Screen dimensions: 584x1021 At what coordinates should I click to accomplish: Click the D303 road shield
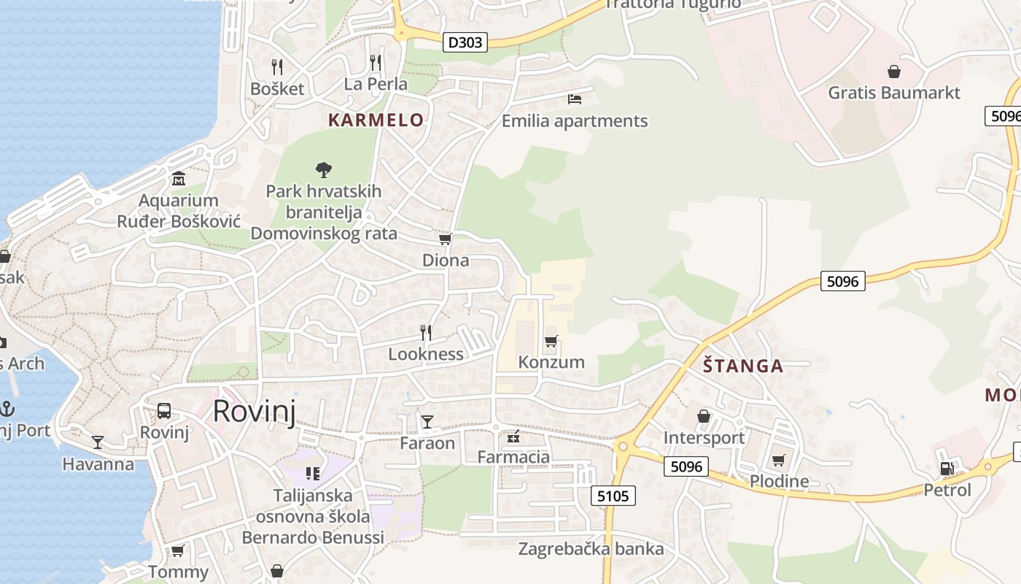tap(465, 42)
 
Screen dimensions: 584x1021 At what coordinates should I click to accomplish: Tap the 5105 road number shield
tap(613, 496)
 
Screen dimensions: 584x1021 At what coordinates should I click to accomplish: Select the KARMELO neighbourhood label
tap(376, 120)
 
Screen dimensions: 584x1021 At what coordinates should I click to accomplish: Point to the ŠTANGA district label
tap(743, 366)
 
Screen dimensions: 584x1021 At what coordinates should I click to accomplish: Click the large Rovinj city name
tap(255, 412)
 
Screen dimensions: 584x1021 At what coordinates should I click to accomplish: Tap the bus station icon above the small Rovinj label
tap(164, 411)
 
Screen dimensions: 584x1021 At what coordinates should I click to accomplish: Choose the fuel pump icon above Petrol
tap(947, 469)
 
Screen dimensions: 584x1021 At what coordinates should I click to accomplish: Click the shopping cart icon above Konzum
tap(551, 341)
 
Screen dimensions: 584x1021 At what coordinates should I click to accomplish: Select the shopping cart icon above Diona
tap(445, 239)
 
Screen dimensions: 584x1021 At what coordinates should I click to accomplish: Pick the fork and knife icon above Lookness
tap(426, 333)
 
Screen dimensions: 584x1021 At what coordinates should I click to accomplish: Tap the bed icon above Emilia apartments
tap(575, 99)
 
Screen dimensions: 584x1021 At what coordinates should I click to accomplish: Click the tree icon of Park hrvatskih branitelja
tap(324, 170)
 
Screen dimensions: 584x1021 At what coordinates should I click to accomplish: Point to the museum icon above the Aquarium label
tap(179, 179)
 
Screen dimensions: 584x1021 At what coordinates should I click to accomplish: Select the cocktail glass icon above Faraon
tap(427, 421)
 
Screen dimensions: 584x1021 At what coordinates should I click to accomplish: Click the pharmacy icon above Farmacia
tap(513, 437)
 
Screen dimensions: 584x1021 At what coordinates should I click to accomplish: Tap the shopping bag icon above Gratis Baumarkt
tap(894, 72)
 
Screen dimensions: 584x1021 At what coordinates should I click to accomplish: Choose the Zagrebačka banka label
tap(591, 549)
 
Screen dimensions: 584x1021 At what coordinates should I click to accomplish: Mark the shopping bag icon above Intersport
tap(704, 416)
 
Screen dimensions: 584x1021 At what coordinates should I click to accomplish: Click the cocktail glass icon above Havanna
tap(98, 442)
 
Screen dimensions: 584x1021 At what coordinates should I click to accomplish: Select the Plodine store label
tap(779, 481)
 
